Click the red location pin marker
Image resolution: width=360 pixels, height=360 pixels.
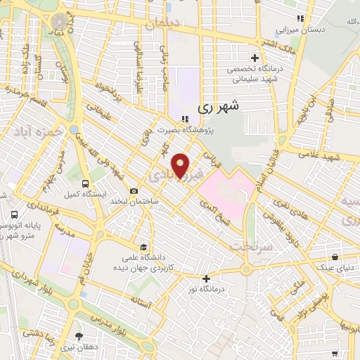(181, 165)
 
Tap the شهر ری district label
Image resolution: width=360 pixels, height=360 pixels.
(219, 107)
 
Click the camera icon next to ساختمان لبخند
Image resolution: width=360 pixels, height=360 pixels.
(134, 191)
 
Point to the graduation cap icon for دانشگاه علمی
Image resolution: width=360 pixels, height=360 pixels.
(143, 247)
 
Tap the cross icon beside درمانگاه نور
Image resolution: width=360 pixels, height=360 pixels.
(205, 278)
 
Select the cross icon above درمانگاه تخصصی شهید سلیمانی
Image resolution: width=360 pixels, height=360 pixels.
(255, 56)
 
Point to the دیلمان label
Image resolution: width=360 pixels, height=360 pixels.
(164, 24)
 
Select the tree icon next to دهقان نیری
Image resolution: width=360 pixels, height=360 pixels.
(79, 335)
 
